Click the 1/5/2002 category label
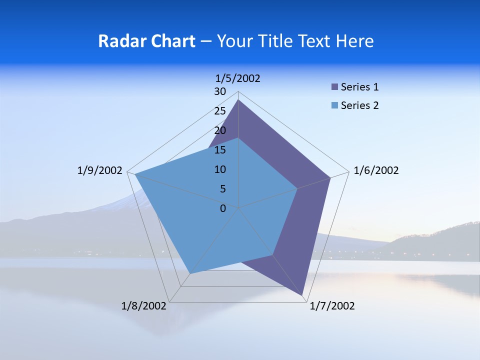pos(238,78)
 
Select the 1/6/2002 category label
pos(376,170)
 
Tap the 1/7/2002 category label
pos(332,306)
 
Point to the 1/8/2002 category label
pos(144,305)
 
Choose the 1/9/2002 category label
pos(100,170)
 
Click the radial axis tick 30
pos(220,91)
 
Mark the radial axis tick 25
pos(220,111)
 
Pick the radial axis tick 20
pos(220,130)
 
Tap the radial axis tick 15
pos(220,150)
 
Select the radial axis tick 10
pos(220,169)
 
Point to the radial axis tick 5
pos(222,189)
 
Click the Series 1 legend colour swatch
pos(334,87)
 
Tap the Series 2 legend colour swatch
pos(334,105)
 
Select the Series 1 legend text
pos(359,87)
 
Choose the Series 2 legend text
pos(359,105)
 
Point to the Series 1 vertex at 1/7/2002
pos(303,295)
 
